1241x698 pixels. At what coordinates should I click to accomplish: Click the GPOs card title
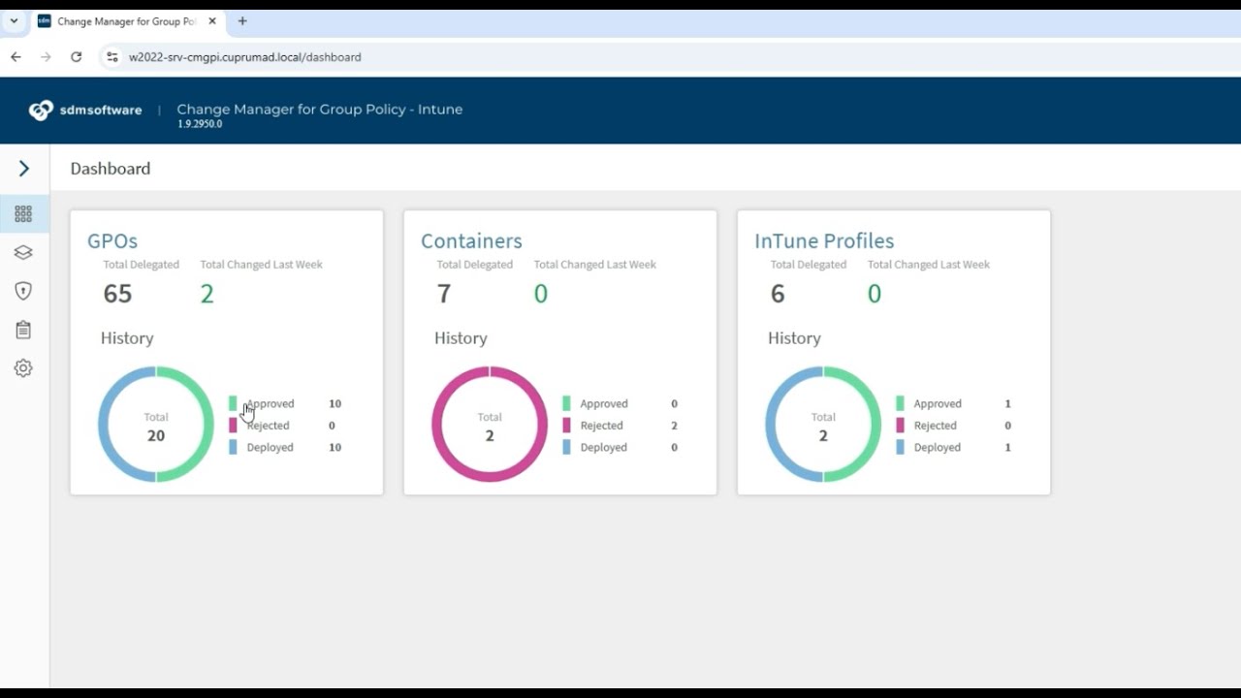[112, 240]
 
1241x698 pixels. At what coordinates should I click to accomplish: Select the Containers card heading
[471, 240]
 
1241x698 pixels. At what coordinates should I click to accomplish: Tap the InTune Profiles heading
[824, 240]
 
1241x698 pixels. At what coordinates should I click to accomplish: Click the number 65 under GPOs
[117, 294]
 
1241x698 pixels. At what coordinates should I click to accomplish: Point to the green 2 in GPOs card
[207, 294]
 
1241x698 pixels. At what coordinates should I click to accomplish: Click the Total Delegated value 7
[444, 294]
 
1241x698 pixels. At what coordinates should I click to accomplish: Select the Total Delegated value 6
[778, 294]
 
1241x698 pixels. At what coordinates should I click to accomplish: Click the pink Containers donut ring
[438, 424]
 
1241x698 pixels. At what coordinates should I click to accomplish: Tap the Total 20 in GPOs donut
[156, 435]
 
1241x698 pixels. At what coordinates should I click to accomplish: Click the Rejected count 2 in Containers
[674, 426]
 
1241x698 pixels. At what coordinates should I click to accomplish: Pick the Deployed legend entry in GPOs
[270, 447]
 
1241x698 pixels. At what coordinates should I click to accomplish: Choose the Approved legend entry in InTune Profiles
[937, 403]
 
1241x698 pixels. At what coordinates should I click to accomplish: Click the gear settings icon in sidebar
[23, 368]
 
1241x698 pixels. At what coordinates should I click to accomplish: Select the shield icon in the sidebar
[23, 291]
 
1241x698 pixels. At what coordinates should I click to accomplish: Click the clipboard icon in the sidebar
[23, 330]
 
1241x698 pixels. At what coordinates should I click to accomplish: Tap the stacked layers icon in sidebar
[23, 252]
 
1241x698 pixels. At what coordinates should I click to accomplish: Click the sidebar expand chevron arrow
[24, 169]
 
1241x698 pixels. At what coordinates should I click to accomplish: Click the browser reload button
[76, 57]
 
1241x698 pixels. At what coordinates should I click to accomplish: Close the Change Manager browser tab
[212, 20]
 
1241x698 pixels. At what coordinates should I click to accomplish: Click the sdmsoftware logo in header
[85, 110]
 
